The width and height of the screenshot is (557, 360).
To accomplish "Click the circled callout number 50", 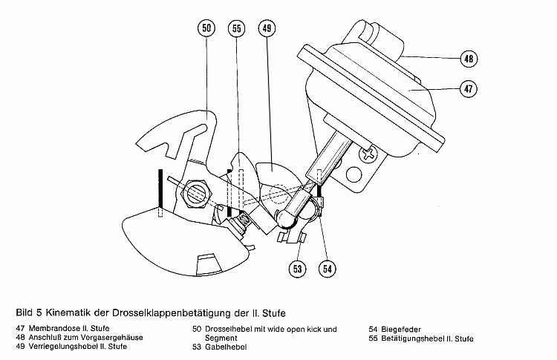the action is (206, 28).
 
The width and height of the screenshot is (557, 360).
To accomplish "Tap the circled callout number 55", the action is (237, 28).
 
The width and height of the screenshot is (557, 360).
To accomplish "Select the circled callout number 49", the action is (267, 28).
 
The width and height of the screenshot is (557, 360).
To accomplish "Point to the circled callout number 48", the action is (469, 59).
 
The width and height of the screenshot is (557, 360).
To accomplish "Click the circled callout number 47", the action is (469, 88).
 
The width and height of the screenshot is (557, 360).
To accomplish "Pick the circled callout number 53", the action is (297, 269).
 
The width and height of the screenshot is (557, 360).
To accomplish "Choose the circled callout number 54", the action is (328, 269).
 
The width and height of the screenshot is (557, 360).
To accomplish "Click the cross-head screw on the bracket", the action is (367, 154).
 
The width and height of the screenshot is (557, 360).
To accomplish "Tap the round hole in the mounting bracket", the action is (354, 174).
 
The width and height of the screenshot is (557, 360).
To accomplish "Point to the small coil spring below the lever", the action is (244, 220).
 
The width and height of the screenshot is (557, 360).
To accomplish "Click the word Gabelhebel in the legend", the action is (226, 347).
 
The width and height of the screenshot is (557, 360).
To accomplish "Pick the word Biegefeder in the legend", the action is (401, 330).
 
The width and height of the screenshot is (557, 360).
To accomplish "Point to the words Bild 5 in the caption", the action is (29, 312).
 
